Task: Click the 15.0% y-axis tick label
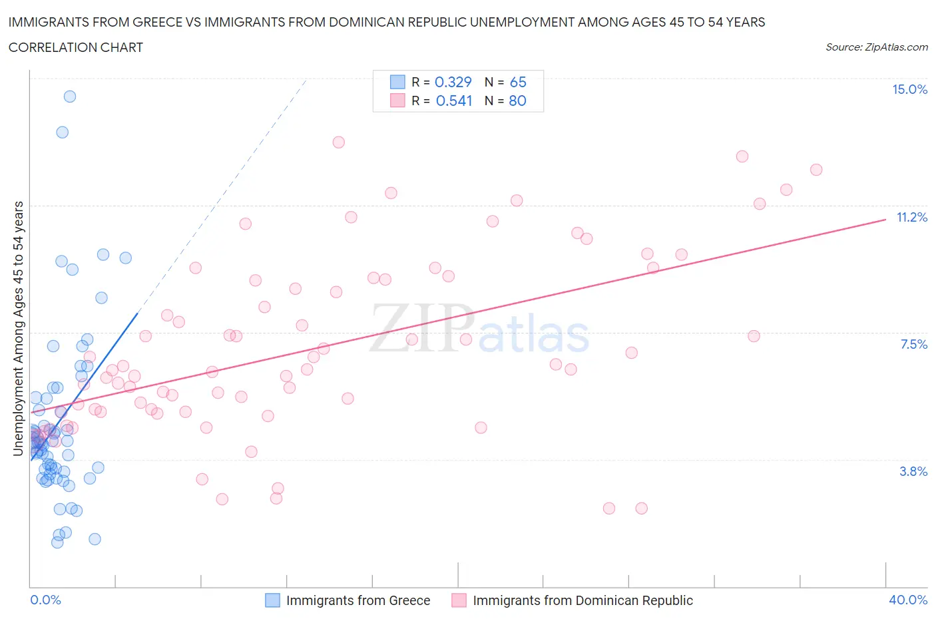pos(909,90)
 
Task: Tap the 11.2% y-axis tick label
pos(911,218)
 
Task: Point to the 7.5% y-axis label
pos(913,345)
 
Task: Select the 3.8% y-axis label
pos(913,472)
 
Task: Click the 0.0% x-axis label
pos(45,600)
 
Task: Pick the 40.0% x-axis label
pos(908,600)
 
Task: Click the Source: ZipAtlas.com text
pos(876,47)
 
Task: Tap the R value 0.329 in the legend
pos(453,83)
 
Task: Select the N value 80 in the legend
pos(517,101)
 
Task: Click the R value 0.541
pos(454,101)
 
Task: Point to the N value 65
pos(518,83)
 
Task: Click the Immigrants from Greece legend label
pos(358,601)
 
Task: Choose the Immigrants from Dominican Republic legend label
pos(583,601)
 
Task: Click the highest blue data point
pos(70,97)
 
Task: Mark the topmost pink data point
pos(338,142)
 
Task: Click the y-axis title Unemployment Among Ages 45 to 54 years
pos(19,329)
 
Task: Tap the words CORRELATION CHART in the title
pos(76,48)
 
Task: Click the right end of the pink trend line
pos(885,219)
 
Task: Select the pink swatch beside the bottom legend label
pos(459,601)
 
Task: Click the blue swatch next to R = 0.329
pos(397,83)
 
